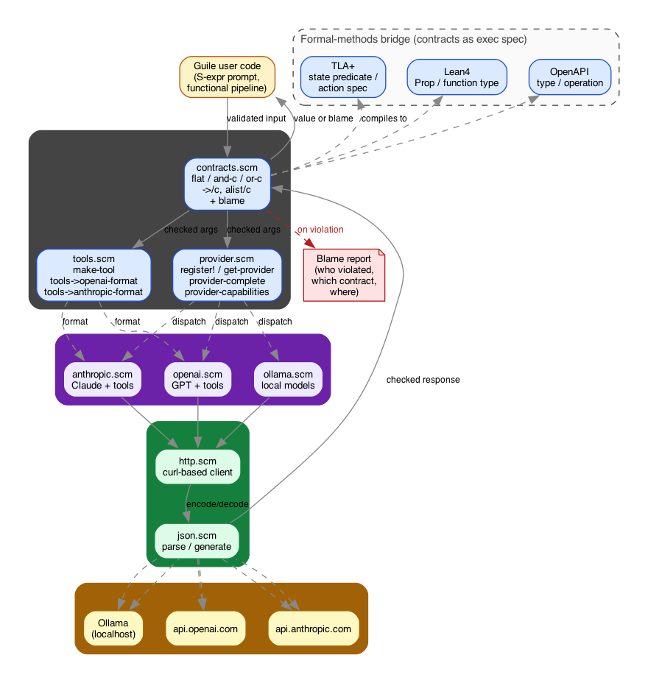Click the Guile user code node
pos(227,77)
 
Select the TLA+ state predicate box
pos(342,77)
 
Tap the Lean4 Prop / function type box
pos(457,77)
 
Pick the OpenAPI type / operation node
pos(570,77)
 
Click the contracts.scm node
pos(227,184)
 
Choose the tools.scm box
pos(94,275)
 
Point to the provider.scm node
pos(227,275)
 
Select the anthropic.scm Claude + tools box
pos(102,380)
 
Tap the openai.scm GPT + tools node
pos(197,380)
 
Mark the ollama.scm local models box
pos(288,380)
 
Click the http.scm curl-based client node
pos(197,467)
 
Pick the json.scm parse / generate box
pos(197,541)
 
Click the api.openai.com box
pos(205,629)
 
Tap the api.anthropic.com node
pos(313,629)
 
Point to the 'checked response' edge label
pos(423,380)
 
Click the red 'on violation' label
pos(320,230)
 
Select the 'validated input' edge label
pos(256,118)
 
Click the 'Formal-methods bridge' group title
pos(414,39)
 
